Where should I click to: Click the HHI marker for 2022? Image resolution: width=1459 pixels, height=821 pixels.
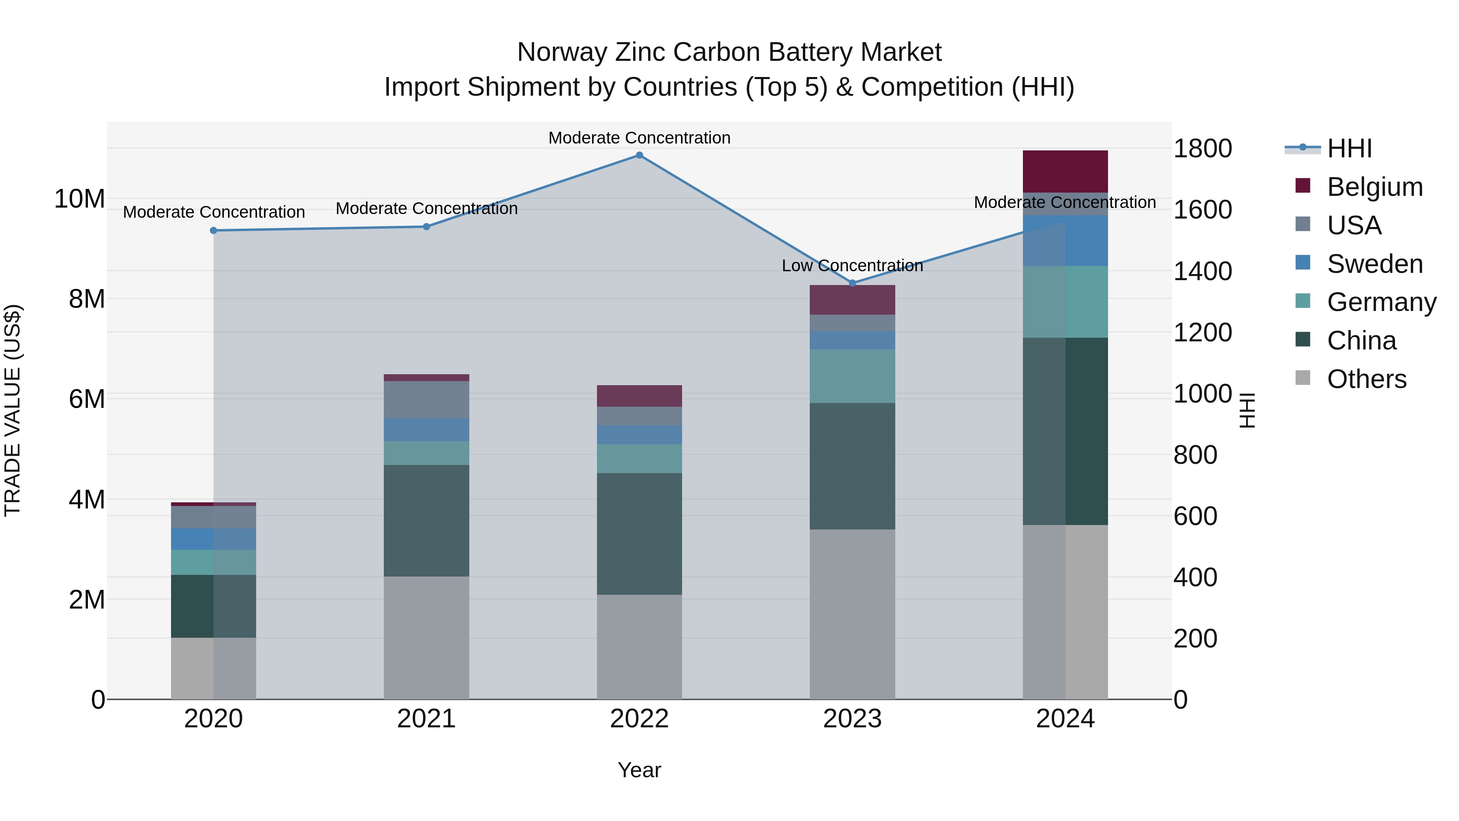coord(640,155)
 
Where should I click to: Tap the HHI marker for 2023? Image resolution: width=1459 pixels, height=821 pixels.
coord(852,283)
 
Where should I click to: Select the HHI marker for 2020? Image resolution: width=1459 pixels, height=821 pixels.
coord(214,231)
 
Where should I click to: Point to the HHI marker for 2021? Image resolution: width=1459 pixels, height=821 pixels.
coord(426,227)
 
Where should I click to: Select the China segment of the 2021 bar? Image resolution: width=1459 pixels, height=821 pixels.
coord(426,521)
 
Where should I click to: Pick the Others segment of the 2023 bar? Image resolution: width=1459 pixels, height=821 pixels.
coord(852,614)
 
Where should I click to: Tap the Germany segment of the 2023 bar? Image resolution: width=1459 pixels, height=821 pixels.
coord(852,376)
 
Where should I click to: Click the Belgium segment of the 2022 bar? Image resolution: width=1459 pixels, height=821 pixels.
coord(640,396)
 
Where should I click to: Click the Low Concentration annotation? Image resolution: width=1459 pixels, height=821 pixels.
coord(852,266)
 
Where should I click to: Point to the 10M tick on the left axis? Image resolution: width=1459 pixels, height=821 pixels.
coord(79,199)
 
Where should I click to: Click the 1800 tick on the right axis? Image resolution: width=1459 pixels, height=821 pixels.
coord(1202,149)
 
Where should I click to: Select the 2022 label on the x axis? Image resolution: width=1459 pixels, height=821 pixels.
coord(640,719)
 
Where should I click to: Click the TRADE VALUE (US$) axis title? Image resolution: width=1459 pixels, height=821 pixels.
coord(13,410)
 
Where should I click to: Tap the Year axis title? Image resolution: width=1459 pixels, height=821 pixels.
coord(640,770)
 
